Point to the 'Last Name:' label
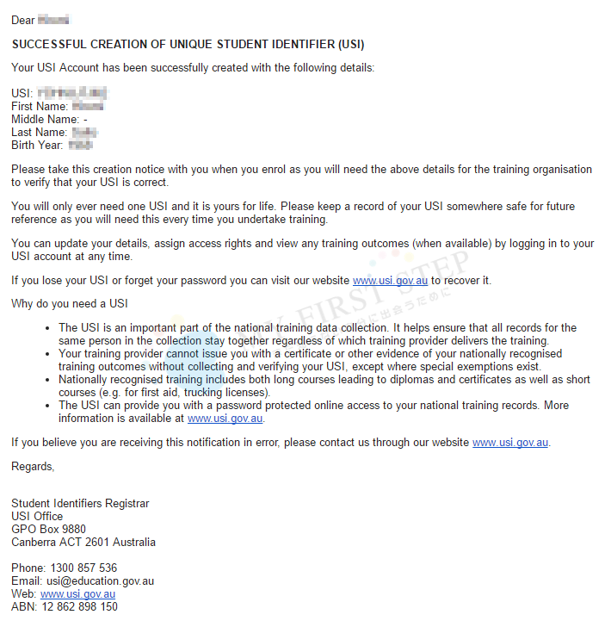(x=39, y=133)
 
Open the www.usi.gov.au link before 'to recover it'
(x=390, y=281)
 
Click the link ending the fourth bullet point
(x=225, y=419)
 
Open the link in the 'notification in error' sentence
(x=509, y=443)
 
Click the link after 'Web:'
(x=77, y=594)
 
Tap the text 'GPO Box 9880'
(x=48, y=530)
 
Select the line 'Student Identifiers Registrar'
(x=80, y=504)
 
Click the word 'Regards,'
(x=33, y=467)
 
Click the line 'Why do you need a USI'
(x=69, y=304)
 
